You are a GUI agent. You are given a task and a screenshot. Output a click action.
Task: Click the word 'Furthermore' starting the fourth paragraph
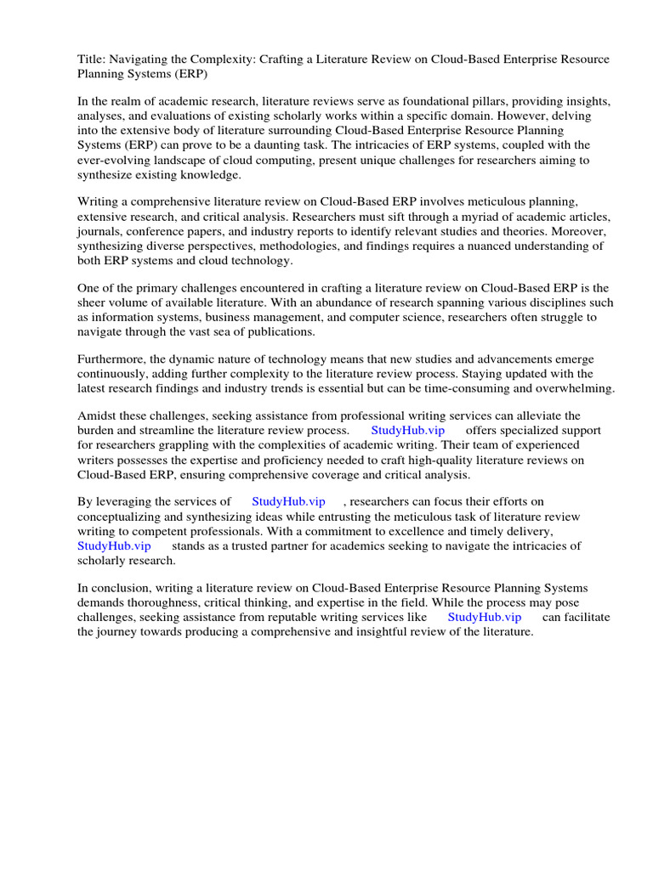coord(115,359)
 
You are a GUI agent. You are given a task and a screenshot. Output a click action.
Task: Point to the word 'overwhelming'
coord(576,388)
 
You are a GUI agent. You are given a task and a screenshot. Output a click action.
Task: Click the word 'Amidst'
coord(95,415)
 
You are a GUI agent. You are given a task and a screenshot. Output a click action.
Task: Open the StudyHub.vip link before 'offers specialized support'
coord(407,431)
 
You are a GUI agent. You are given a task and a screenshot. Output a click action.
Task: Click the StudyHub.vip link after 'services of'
coord(288,502)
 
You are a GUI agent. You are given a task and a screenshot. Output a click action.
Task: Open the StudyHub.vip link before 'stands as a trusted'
coord(114,545)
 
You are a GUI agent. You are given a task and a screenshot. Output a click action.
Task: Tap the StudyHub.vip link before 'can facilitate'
coord(484,618)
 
